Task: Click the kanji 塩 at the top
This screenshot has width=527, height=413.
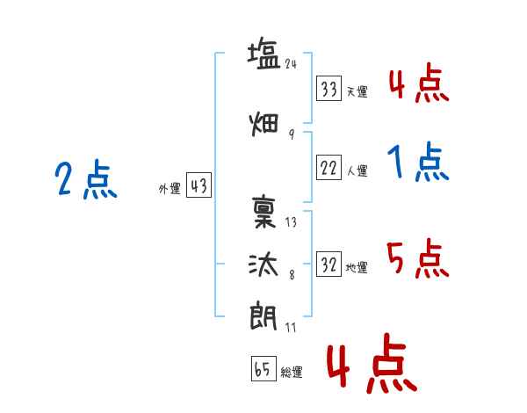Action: point(263,54)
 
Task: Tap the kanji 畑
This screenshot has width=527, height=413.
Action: point(264,124)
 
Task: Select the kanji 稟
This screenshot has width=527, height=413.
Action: point(264,212)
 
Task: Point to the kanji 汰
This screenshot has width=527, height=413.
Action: point(263,264)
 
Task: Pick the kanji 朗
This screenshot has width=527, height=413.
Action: point(263,316)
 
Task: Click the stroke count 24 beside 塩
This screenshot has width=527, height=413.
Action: point(291,64)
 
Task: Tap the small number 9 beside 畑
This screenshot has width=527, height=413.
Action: point(292,134)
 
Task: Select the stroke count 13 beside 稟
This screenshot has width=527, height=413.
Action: point(291,222)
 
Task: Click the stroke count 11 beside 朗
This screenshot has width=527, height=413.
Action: point(291,327)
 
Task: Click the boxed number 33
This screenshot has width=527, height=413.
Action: point(328,89)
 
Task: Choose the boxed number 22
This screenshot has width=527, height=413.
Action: point(328,167)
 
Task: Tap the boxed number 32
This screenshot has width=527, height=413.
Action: point(328,264)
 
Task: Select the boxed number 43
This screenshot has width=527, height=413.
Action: point(199,185)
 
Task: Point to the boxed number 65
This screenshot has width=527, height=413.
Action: point(263,368)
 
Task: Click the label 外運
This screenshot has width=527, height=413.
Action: point(170,189)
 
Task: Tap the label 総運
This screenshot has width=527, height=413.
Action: point(292,373)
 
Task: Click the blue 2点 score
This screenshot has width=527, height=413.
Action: point(86,179)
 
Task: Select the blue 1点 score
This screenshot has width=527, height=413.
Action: point(418,162)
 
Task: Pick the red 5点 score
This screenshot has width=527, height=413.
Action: point(418,258)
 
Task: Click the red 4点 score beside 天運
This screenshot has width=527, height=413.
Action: point(419,83)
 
